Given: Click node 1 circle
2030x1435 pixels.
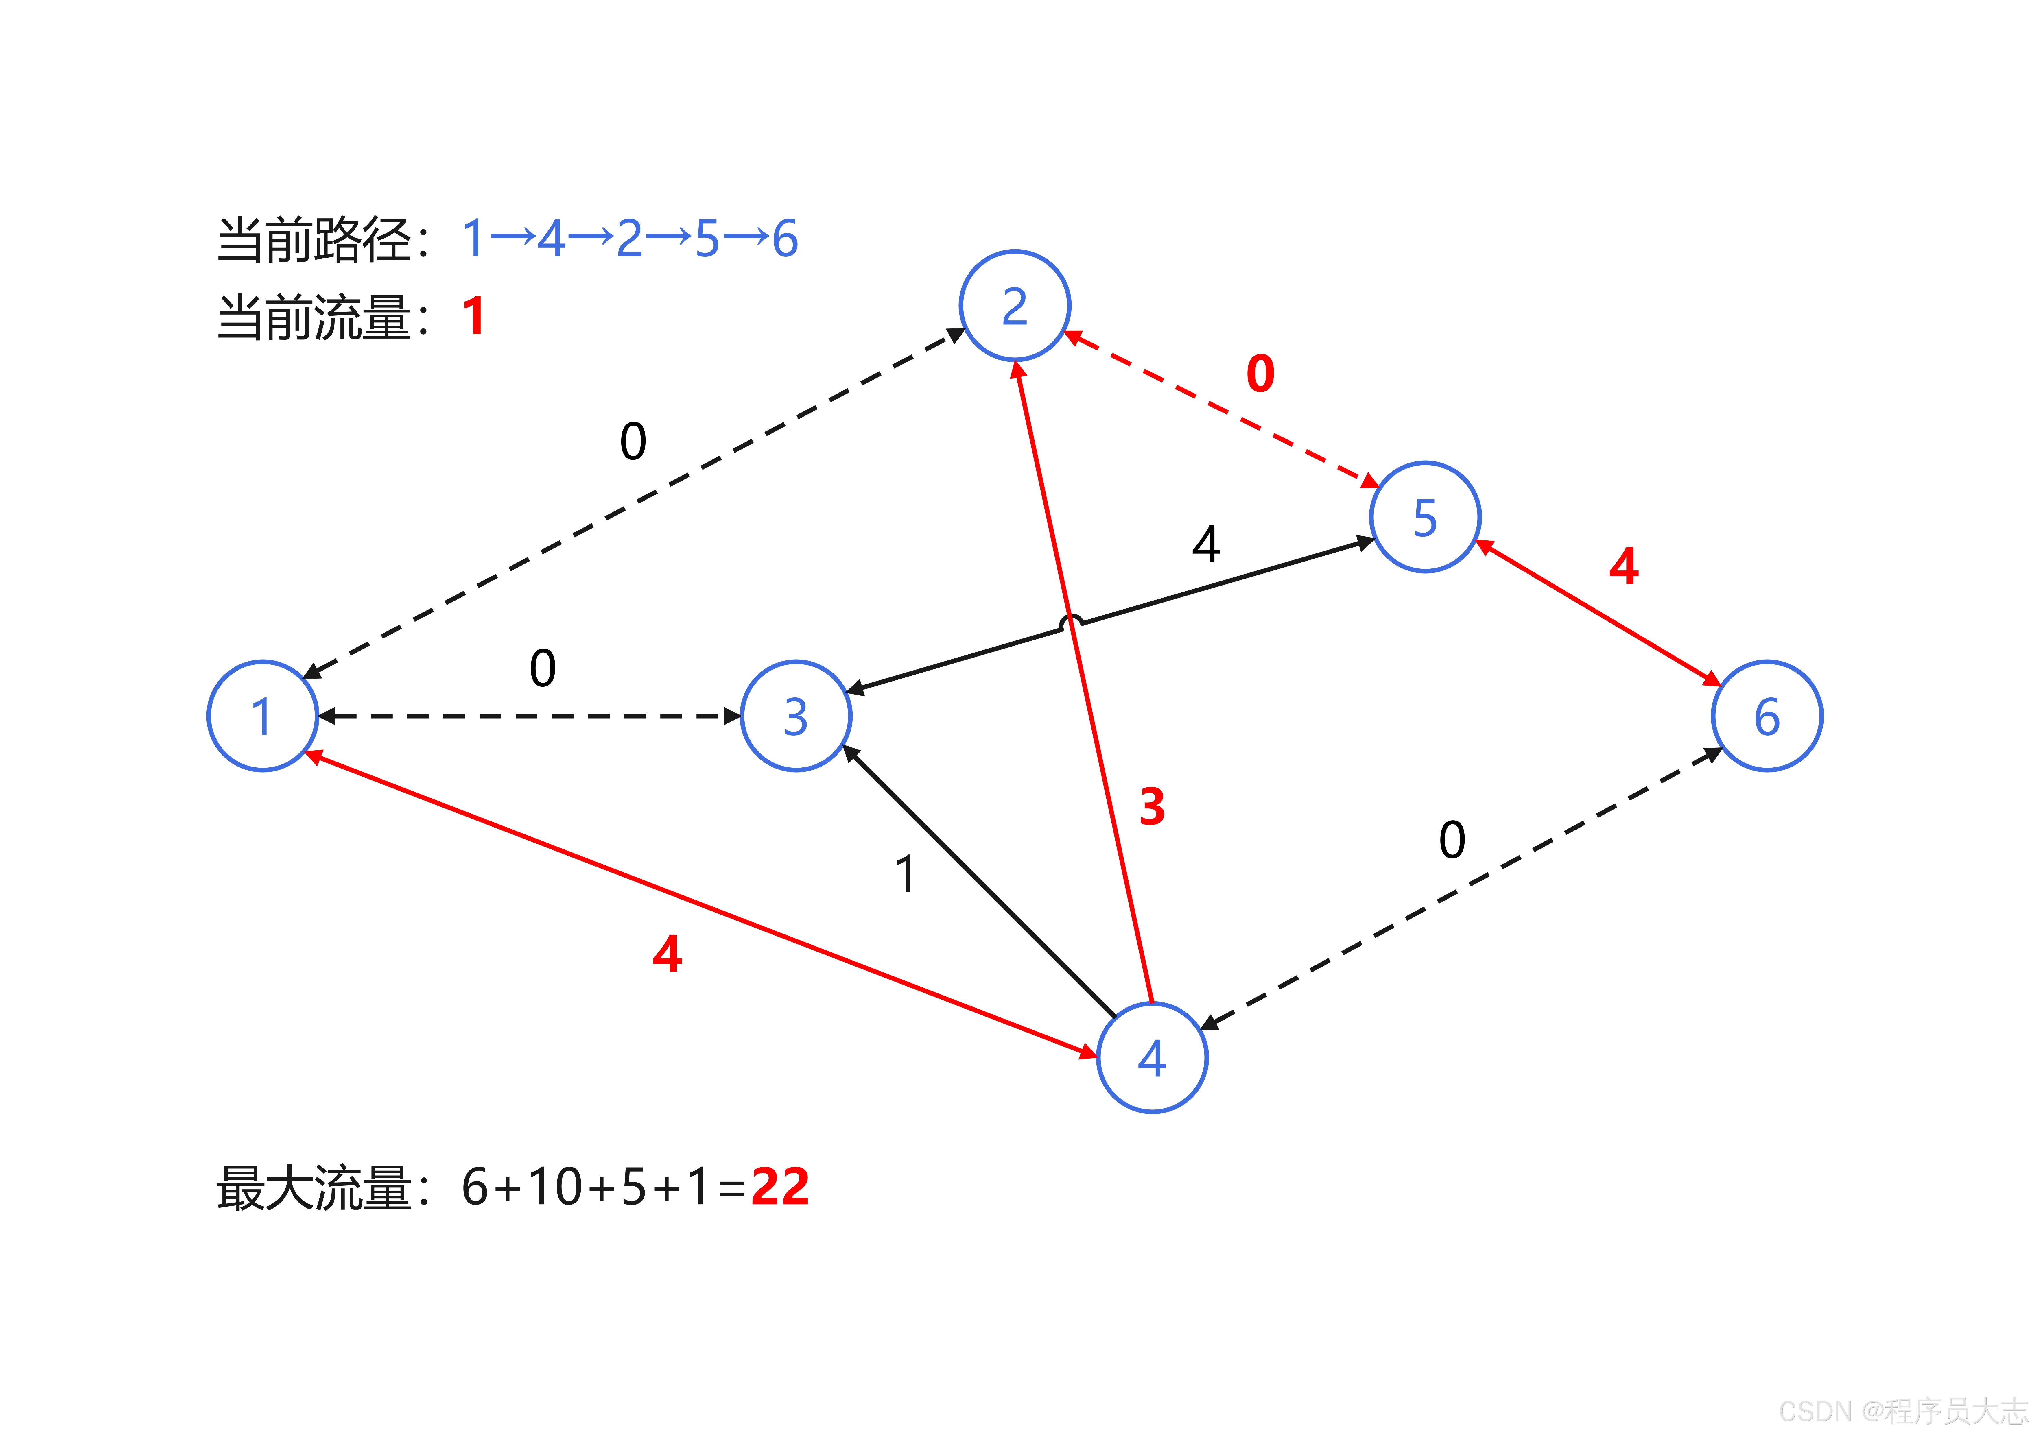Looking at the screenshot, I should tap(263, 716).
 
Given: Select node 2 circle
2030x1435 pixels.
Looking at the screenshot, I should tap(1015, 306).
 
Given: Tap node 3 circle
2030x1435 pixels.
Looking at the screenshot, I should tap(796, 716).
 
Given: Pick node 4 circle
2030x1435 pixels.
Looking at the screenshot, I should tap(1152, 1057).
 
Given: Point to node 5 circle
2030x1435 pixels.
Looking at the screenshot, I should tap(1425, 517).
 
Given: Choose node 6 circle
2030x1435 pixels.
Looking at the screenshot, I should tap(1767, 716).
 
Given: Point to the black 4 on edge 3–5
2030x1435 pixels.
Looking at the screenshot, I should tap(1206, 544).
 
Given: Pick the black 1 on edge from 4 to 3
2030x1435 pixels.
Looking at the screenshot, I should tap(904, 874).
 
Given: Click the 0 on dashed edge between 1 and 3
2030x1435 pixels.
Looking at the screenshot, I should tap(543, 668).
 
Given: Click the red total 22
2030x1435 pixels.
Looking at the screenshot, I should tap(780, 1187).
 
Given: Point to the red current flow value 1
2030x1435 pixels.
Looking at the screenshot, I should tap(474, 317).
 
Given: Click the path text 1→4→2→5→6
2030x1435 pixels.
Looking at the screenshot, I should tap(630, 239).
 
